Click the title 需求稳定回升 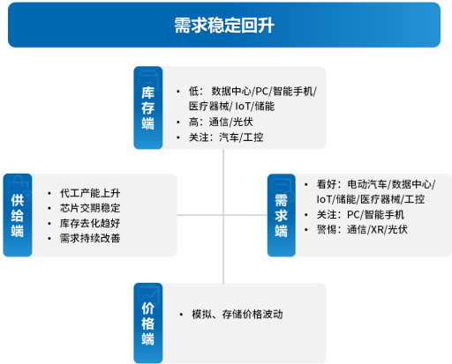(x=224, y=26)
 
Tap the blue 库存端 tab (x=148, y=108)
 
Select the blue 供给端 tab (x=18, y=215)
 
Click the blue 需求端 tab (x=282, y=215)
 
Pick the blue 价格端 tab (x=148, y=323)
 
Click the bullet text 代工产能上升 (x=90, y=193)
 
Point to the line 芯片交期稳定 (x=90, y=208)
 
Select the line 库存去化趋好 (x=90, y=223)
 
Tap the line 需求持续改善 (x=90, y=238)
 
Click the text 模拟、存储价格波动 (x=237, y=315)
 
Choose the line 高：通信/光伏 (x=221, y=122)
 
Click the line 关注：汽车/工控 (x=226, y=137)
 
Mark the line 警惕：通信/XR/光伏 (x=362, y=229)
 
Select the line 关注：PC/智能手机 (x=360, y=214)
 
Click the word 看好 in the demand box (x=327, y=184)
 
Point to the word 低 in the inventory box (x=193, y=92)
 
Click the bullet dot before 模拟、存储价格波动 (x=181, y=315)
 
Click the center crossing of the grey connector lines (x=223, y=215)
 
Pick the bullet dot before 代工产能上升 (x=49, y=193)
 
